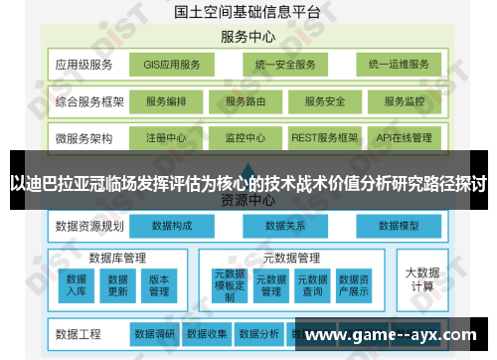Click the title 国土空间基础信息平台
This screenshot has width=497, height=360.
pos(248,13)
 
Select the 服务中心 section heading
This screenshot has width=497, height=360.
pos(248,37)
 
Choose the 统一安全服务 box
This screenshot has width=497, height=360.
pos(284,66)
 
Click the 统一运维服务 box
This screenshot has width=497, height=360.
pos(398,66)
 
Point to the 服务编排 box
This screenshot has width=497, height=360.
pos(166,101)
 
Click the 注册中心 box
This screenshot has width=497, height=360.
pos(166,137)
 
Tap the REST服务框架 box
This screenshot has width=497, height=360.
pos(324,137)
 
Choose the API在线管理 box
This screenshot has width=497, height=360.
pos(405,137)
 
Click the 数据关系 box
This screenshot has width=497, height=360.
pos(284,226)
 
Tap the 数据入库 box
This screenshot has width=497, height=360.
pos(78,285)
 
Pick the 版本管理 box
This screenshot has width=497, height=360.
pos(159,285)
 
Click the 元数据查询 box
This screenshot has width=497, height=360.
pos(312,285)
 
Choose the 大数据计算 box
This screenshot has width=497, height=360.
pos(422,278)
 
